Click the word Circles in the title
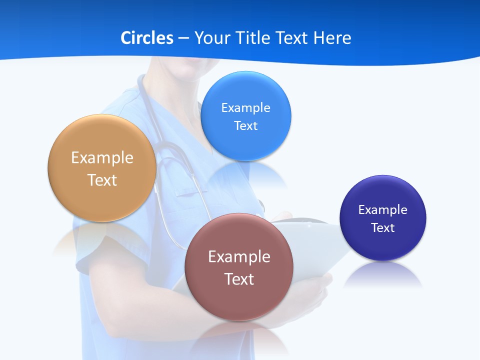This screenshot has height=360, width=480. click(147, 38)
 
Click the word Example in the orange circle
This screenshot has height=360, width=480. click(102, 158)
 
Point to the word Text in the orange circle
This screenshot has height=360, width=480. click(102, 180)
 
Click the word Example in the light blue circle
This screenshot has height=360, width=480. click(246, 107)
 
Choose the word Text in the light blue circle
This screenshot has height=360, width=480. click(246, 125)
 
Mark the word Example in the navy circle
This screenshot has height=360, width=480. click(383, 209)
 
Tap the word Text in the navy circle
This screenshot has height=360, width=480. click(383, 227)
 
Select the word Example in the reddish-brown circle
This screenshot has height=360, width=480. click(239, 256)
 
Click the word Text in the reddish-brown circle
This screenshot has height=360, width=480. click(239, 279)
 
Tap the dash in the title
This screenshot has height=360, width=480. click(183, 38)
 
